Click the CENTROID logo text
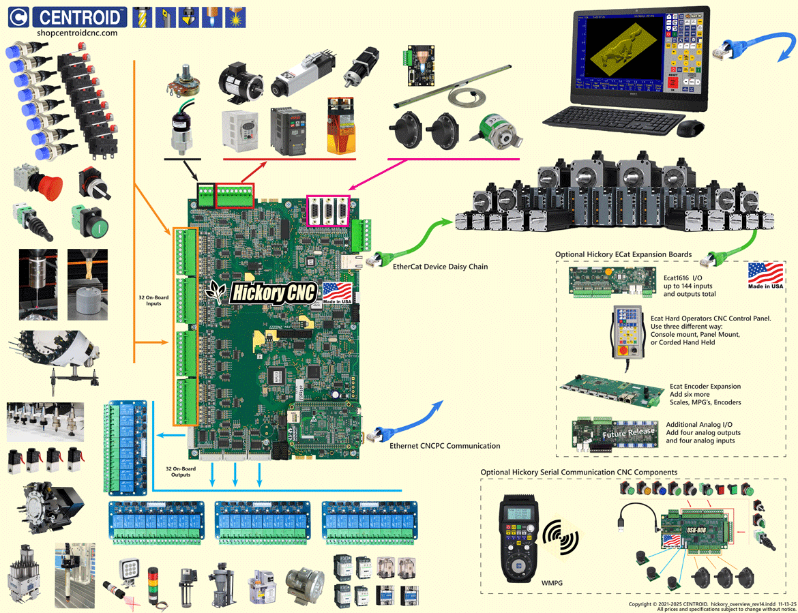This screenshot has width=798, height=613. tap(80, 17)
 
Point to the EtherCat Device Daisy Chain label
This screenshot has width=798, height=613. tap(440, 267)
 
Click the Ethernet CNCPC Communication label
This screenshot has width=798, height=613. tap(445, 446)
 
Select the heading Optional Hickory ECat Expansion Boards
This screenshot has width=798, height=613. tap(623, 254)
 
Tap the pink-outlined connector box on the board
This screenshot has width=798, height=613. tap(329, 210)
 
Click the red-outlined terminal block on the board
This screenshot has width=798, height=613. tap(235, 196)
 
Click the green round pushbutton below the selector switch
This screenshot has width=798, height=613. tap(89, 223)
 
